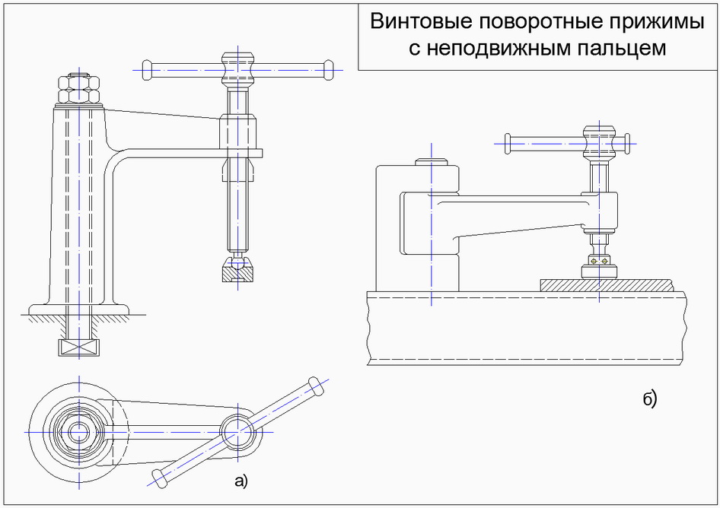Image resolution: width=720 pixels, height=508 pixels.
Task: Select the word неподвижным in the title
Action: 507,49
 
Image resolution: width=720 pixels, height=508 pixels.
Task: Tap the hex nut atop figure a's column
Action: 78,90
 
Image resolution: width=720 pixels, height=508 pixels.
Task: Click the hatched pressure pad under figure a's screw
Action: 237,272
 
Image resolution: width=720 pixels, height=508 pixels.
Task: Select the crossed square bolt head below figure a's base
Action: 78,348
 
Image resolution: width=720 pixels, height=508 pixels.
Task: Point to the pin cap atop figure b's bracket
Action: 431,162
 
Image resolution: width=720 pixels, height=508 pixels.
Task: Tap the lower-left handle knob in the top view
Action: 160,478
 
